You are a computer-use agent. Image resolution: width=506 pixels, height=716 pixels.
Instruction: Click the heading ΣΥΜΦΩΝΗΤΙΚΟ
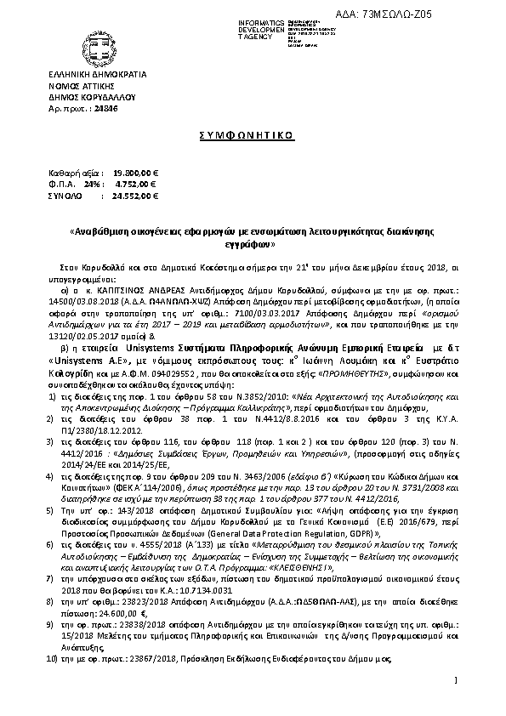point(253,134)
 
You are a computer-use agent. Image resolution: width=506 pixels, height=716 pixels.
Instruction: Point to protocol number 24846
point(104,110)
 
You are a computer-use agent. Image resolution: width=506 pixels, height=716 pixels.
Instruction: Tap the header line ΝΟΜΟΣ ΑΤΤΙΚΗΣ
point(79,87)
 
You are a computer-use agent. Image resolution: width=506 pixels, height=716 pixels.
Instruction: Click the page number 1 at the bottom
point(456,680)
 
